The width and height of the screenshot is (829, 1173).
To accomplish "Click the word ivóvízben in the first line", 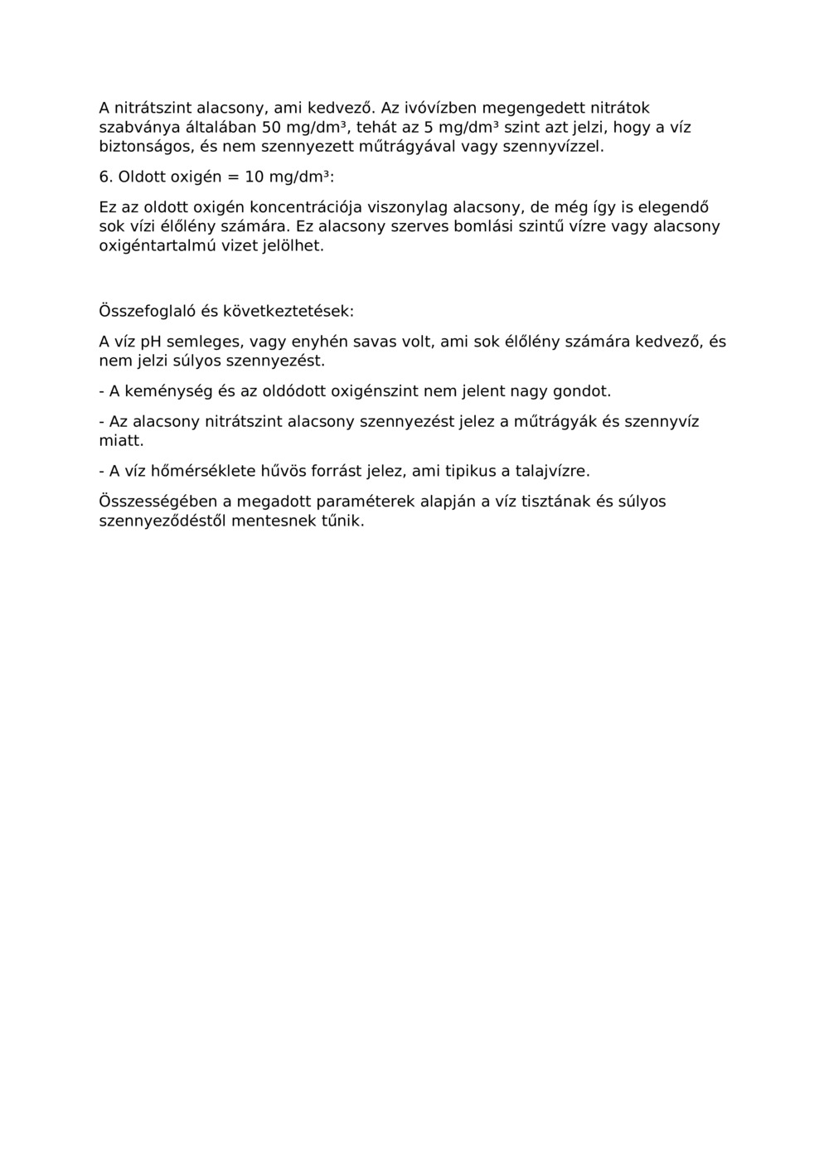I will click(x=436, y=108).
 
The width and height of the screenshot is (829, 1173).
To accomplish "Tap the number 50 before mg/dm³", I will click(x=272, y=128).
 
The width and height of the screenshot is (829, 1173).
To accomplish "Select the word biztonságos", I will click(x=147, y=148).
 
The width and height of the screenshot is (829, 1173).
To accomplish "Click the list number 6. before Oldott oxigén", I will click(x=105, y=177).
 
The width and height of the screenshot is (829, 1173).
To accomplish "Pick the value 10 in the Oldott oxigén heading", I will click(x=254, y=177).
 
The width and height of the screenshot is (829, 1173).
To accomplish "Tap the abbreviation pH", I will click(x=151, y=342).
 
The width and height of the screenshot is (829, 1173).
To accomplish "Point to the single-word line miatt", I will click(x=121, y=441).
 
